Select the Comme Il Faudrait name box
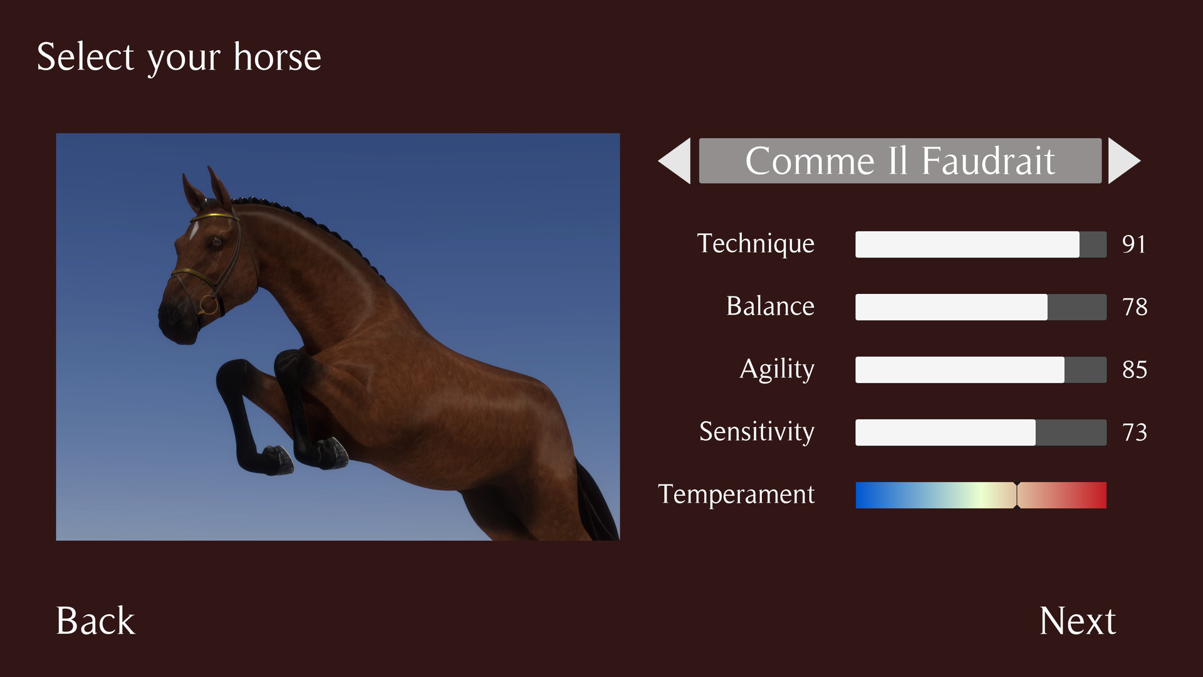[x=900, y=161]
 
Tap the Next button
[x=1077, y=621]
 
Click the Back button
[x=95, y=621]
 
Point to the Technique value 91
[x=1134, y=244]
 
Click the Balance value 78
[x=1135, y=307]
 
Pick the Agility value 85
[x=1135, y=370]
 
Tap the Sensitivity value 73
[x=1135, y=433]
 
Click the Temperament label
[x=736, y=495]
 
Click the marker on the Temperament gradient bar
[x=1016, y=495]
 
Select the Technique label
[x=756, y=244]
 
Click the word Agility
[x=777, y=369]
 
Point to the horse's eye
[x=216, y=241]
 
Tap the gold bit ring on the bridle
[x=209, y=305]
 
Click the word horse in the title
[x=277, y=57]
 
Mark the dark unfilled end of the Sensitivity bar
[x=1071, y=433]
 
